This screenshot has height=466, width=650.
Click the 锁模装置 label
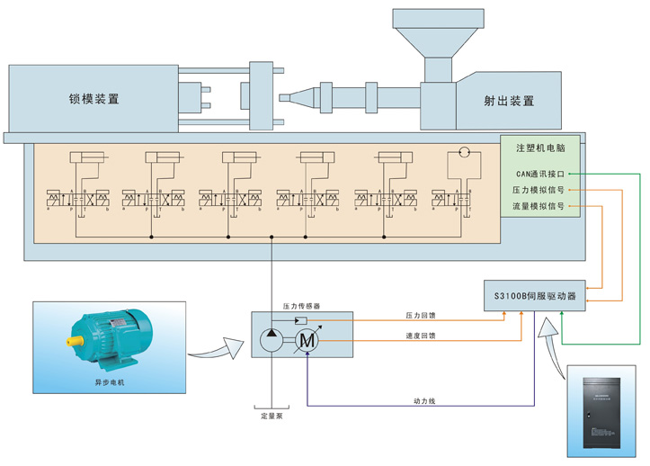[94, 99]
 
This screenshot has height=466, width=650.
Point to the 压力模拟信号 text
[539, 190]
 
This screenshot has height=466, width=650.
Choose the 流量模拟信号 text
[539, 206]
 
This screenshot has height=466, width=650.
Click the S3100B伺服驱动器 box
[534, 295]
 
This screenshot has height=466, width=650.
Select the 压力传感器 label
[298, 307]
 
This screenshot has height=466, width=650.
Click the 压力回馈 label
[421, 316]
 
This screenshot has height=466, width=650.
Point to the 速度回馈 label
[421, 336]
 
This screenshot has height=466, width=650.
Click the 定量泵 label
[271, 416]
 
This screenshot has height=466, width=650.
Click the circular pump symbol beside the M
[272, 340]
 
